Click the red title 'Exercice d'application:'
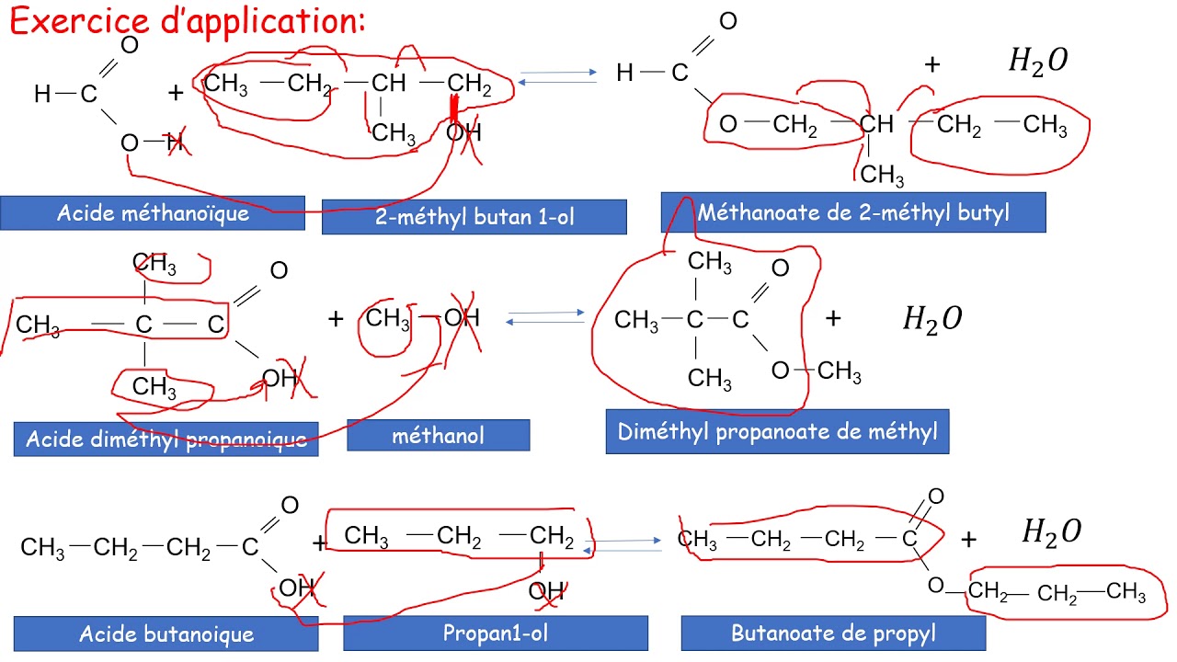[187, 22]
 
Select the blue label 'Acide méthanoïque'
[153, 213]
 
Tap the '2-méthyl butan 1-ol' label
[474, 217]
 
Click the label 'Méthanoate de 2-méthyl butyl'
[853, 212]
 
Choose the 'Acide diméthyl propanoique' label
[166, 439]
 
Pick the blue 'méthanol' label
[439, 436]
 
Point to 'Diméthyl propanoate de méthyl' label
[777, 432]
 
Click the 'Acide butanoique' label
[166, 634]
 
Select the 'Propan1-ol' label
[496, 633]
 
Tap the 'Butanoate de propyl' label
[833, 633]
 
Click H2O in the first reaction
[1038, 62]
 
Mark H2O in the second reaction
[932, 320]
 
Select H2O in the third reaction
[1051, 532]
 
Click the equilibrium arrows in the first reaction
[557, 77]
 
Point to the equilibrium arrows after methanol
[545, 317]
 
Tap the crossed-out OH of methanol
[462, 318]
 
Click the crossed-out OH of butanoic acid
[297, 588]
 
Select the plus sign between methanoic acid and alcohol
[176, 93]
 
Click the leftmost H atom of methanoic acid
[42, 94]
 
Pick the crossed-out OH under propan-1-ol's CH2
[546, 591]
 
